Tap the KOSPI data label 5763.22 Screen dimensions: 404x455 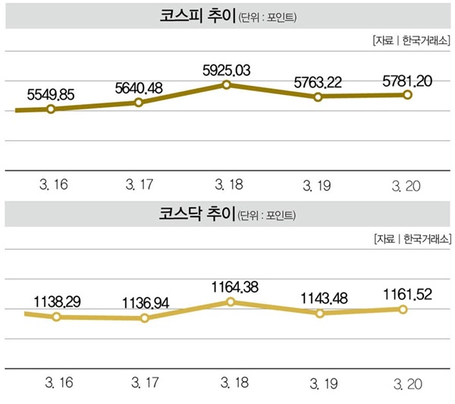tap(318, 80)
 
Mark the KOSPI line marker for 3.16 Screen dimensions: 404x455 tap(51, 109)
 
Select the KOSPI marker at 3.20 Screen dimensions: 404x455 tap(407, 95)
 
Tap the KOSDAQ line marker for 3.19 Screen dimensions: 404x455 tap(320, 313)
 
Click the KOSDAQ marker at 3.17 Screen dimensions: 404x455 tap(145, 317)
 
